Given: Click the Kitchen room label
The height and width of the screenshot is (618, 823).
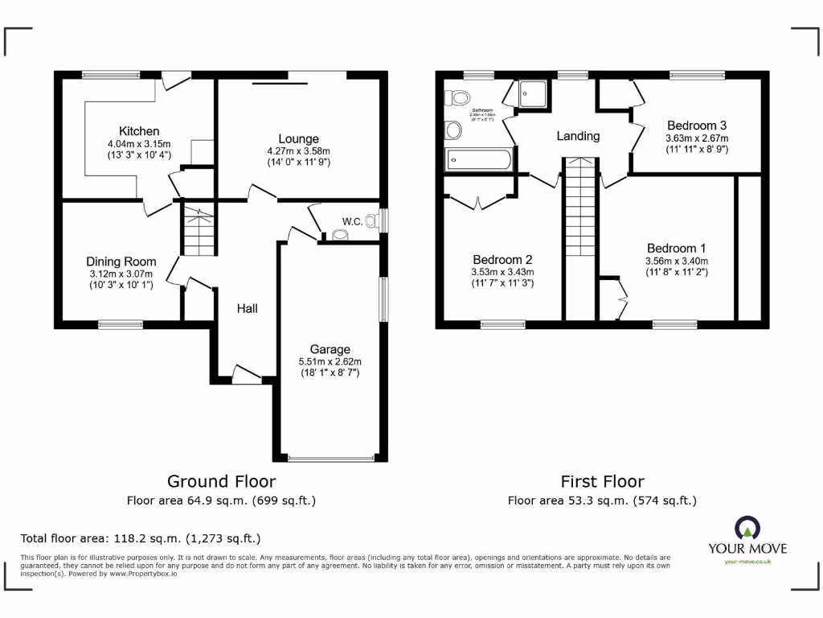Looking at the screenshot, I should [139, 131].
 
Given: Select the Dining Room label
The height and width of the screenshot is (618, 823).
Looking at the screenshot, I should [121, 262].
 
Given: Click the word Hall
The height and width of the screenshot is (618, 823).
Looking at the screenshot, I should [247, 308].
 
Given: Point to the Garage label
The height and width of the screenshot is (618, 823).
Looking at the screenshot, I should [330, 349].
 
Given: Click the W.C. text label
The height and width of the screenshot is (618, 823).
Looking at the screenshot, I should [351, 221].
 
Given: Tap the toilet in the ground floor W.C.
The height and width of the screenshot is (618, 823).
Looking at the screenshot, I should [371, 220].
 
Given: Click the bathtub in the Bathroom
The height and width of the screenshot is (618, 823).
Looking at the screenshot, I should [478, 160].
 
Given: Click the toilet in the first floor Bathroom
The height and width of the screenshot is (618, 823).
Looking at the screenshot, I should [459, 98].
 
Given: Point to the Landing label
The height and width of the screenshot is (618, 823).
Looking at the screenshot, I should [578, 136].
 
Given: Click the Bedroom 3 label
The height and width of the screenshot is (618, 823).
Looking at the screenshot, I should [697, 126].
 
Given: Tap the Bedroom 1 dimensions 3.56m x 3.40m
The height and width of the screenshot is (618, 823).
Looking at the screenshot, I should [677, 261].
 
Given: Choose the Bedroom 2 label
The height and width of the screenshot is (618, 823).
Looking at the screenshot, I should [502, 260].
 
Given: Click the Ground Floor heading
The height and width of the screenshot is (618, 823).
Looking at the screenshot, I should [221, 481].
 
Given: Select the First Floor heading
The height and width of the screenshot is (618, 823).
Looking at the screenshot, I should [602, 481].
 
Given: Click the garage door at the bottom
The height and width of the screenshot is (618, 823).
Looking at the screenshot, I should [330, 459].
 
